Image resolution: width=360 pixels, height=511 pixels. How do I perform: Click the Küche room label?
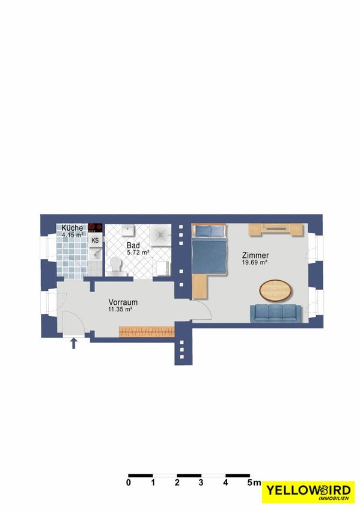[x=72, y=228]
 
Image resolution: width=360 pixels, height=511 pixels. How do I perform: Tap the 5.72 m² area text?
[x=138, y=252]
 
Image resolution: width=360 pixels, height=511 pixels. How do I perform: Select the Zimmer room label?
[x=255, y=255]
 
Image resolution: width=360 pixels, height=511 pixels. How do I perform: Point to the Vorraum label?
[x=123, y=302]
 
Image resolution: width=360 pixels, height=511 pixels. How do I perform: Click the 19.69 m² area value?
[x=255, y=263]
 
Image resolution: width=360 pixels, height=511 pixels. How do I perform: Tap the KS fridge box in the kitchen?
[x=95, y=240]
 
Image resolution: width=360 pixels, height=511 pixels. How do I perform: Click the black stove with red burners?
[x=96, y=227]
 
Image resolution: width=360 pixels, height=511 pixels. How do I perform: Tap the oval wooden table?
[x=275, y=290]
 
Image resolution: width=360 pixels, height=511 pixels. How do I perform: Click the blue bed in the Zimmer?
[x=209, y=249]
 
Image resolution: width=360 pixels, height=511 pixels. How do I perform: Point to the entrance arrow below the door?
[x=74, y=343]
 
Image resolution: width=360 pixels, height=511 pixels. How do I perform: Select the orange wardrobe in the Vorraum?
[x=147, y=331]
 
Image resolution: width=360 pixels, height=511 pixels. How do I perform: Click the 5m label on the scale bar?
[x=254, y=483]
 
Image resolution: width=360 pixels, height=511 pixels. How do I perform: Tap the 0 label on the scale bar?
[x=129, y=483]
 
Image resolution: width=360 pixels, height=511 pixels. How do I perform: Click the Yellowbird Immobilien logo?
[x=308, y=492]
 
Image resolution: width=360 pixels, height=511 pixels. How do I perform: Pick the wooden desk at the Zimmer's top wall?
[x=276, y=230]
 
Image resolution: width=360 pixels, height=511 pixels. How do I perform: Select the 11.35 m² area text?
[x=120, y=310]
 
